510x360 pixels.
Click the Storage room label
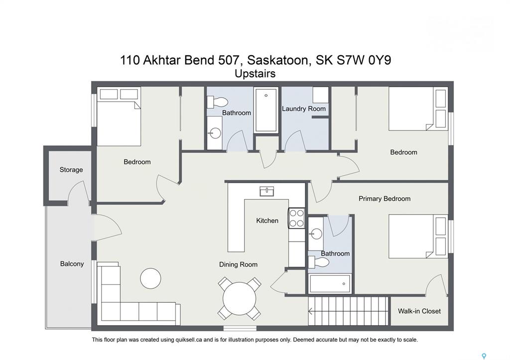click(x=71, y=170)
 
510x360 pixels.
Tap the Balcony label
click(x=72, y=264)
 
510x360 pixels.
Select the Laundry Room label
click(x=303, y=109)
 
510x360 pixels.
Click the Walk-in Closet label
click(x=419, y=311)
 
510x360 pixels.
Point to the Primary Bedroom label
click(x=384, y=199)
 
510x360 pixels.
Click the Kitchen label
click(x=267, y=221)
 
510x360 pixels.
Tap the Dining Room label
click(x=238, y=265)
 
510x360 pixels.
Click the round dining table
click(x=240, y=299)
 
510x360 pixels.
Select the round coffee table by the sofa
click(x=150, y=278)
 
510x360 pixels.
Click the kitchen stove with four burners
click(x=296, y=218)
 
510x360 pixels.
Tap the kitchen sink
click(x=267, y=191)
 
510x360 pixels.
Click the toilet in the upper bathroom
click(x=217, y=102)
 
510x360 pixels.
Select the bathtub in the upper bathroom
click(x=266, y=110)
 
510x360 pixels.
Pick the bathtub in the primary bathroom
click(x=330, y=284)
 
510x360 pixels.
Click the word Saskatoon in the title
click(x=277, y=60)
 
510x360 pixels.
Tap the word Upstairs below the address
click(x=255, y=74)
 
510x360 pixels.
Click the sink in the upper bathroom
click(x=215, y=133)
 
